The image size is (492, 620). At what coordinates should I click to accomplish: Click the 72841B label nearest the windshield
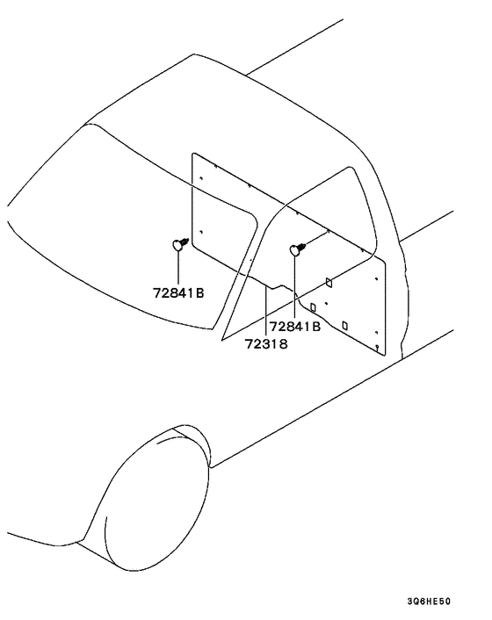178,293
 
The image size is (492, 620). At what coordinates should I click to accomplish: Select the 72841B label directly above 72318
295,327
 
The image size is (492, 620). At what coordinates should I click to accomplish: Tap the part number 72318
266,344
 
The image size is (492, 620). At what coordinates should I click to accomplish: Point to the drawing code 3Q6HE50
429,602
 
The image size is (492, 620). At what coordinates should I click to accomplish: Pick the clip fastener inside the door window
298,249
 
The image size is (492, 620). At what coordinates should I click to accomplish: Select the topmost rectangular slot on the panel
329,282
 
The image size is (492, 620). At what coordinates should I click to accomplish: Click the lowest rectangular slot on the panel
345,326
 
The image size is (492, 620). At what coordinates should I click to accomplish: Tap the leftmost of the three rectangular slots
314,307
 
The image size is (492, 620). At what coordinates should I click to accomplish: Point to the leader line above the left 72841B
178,268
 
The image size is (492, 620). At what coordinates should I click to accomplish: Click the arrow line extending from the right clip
317,238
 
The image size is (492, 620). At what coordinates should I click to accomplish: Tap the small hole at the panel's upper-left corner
201,178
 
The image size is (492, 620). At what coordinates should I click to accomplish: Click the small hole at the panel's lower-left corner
201,232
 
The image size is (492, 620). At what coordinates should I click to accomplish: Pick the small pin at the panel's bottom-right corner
377,348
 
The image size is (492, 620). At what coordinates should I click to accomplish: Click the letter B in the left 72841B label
199,293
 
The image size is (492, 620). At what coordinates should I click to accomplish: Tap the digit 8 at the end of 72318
284,344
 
